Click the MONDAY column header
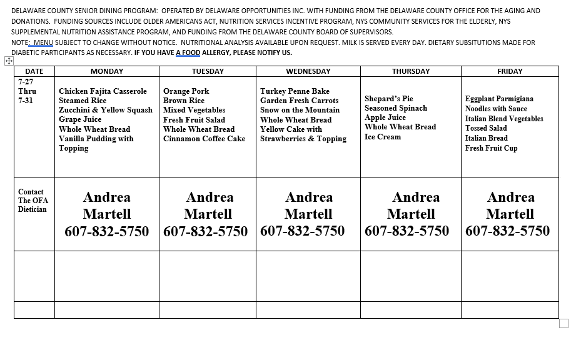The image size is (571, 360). coord(106,71)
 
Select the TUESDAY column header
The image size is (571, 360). coord(207,71)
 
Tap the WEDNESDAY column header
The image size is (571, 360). coord(308,71)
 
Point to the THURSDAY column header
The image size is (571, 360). coord(410,71)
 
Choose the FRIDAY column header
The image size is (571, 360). coord(510,71)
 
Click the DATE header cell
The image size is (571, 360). coord(34,71)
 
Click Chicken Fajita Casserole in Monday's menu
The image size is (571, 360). coord(103,91)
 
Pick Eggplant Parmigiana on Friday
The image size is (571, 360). coord(499,99)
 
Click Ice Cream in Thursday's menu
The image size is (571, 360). coord(383,137)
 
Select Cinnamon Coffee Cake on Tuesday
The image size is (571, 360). coord(204,139)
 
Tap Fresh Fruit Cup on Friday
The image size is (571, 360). coord(491,148)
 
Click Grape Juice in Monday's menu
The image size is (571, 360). coord(80,119)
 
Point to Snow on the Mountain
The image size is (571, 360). coord(300,110)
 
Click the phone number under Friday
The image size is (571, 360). coord(507,231)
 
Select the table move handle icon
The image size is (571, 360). coord(9,61)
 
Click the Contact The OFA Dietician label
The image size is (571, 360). coord(33,201)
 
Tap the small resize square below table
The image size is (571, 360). coord(563,324)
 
